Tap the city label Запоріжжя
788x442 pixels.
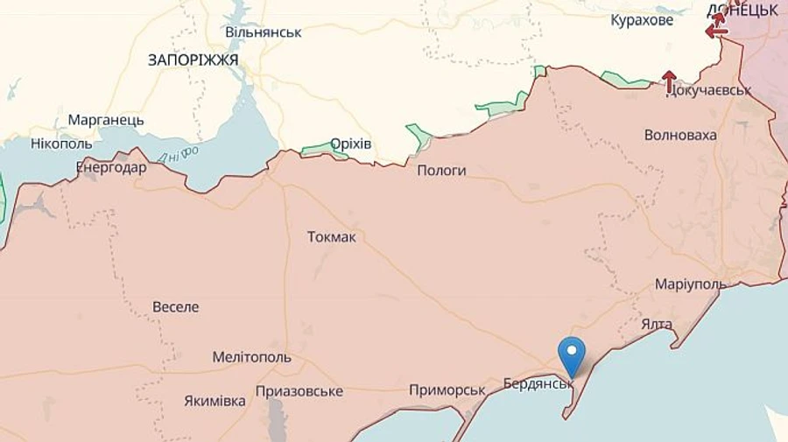point(193,59)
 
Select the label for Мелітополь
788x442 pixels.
point(252,357)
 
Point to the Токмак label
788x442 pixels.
point(332,237)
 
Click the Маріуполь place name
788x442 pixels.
point(691,285)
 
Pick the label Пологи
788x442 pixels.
point(441,171)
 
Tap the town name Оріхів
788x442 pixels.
point(351,144)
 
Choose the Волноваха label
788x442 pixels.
point(680,135)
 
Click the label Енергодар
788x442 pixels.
point(111,167)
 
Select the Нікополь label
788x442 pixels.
point(60,143)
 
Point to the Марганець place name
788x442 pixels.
point(106,120)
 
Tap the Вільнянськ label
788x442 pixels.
point(264,32)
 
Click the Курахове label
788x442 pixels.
point(642,19)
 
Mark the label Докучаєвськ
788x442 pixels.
point(709,90)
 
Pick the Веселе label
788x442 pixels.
point(176,307)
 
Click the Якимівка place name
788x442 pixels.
point(215,401)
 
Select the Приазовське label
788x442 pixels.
point(299,391)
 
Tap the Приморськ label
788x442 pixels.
point(447,389)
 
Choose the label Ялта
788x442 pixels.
point(657,324)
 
